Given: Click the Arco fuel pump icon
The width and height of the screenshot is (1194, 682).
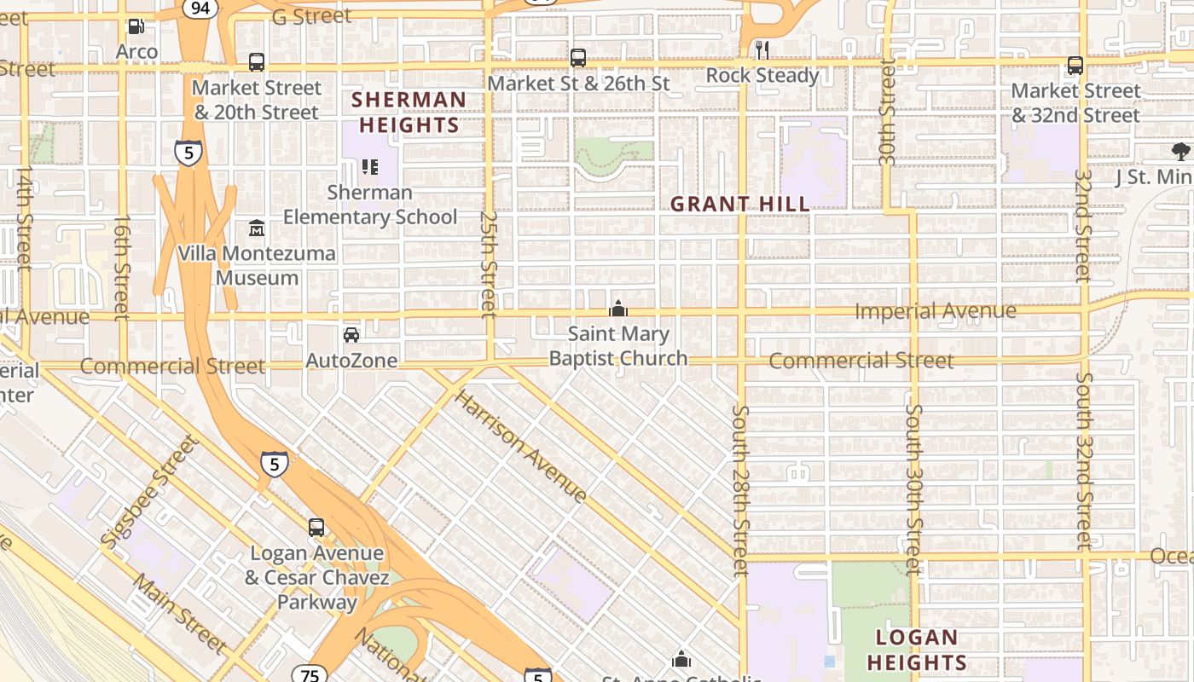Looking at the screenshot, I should coord(136,26).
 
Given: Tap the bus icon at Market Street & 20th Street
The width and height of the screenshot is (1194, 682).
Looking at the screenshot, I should coord(256,62).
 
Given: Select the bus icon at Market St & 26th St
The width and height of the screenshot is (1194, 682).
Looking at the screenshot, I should coord(578,58).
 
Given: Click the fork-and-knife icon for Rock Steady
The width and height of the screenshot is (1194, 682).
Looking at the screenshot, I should coord(762,49).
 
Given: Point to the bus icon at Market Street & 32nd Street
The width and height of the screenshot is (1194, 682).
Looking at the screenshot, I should coord(1075,66).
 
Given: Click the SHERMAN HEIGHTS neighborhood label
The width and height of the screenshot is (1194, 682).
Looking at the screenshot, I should coord(409,113).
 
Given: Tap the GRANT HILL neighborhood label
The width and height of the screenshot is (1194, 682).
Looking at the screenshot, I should coord(739,205).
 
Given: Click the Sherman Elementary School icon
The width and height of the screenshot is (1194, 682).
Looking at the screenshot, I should coord(369,167).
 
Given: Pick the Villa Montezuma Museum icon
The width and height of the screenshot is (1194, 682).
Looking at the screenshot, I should coord(256,228).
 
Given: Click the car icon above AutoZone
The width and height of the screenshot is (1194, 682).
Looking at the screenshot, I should coord(351,335).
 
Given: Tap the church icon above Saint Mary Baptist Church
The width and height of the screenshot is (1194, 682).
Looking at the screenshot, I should coord(618,309).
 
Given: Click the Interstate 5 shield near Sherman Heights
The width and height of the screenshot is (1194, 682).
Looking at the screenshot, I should coord(188,153).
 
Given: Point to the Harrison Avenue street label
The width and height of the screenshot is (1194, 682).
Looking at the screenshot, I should coord(520,446).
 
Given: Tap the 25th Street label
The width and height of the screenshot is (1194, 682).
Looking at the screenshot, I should coord(488,264).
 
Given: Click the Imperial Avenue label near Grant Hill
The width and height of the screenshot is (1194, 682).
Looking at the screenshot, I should coord(935,311).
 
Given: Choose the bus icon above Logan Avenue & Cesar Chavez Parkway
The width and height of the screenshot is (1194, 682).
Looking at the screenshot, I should coord(316,528).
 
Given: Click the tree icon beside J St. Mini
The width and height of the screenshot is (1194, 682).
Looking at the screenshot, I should coord(1180,153).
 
